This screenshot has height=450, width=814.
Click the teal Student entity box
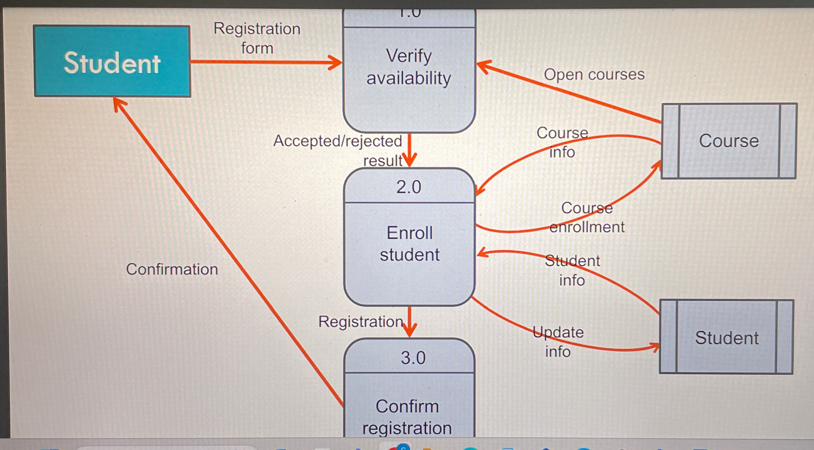pyautogui.click(x=112, y=61)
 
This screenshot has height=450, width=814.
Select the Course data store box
pyautogui.click(x=728, y=141)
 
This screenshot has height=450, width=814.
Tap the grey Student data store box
pyautogui.click(x=726, y=337)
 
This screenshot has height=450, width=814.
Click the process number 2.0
pyautogui.click(x=409, y=187)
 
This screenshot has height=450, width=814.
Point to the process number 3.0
pyautogui.click(x=413, y=358)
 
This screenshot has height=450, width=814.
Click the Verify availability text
pyautogui.click(x=409, y=67)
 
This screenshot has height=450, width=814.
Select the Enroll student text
pyautogui.click(x=410, y=243)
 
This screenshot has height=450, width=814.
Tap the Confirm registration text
pyautogui.click(x=407, y=417)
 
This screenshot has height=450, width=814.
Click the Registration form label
pyautogui.click(x=257, y=38)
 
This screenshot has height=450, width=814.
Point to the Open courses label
pyautogui.click(x=594, y=74)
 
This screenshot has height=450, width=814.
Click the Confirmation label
pyautogui.click(x=172, y=269)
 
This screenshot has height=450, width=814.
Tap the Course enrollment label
pyautogui.click(x=587, y=217)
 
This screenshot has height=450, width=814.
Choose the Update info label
pyautogui.click(x=558, y=342)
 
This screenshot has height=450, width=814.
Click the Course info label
pyautogui.click(x=562, y=142)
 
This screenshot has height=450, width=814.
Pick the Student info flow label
pyautogui.click(x=572, y=270)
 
